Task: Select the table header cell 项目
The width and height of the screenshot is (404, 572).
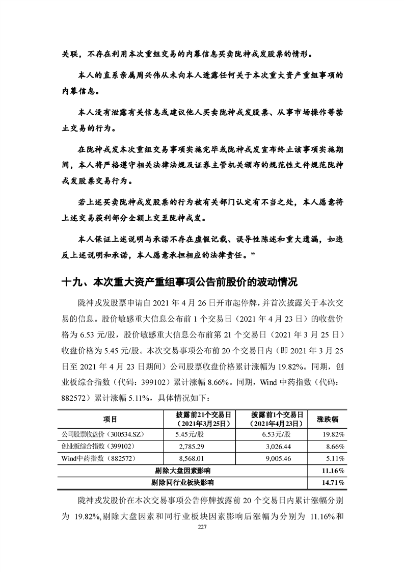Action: point(110,419)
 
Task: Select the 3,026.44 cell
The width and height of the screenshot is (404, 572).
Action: point(275,446)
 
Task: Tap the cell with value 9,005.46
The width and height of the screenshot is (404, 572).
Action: point(275,458)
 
